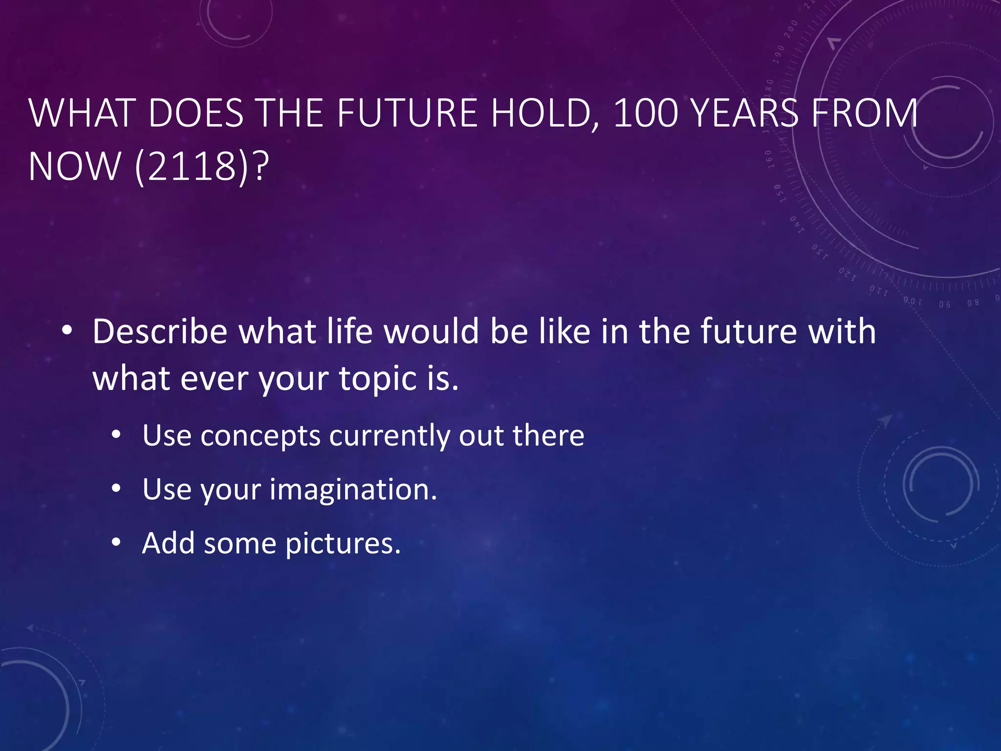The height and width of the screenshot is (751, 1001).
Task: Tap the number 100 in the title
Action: (x=647, y=113)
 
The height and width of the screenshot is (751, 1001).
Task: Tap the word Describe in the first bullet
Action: (x=160, y=331)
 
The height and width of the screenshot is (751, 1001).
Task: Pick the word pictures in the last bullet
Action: (x=342, y=543)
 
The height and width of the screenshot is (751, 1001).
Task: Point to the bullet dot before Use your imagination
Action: (x=116, y=488)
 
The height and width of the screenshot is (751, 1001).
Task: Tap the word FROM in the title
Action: (x=864, y=113)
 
